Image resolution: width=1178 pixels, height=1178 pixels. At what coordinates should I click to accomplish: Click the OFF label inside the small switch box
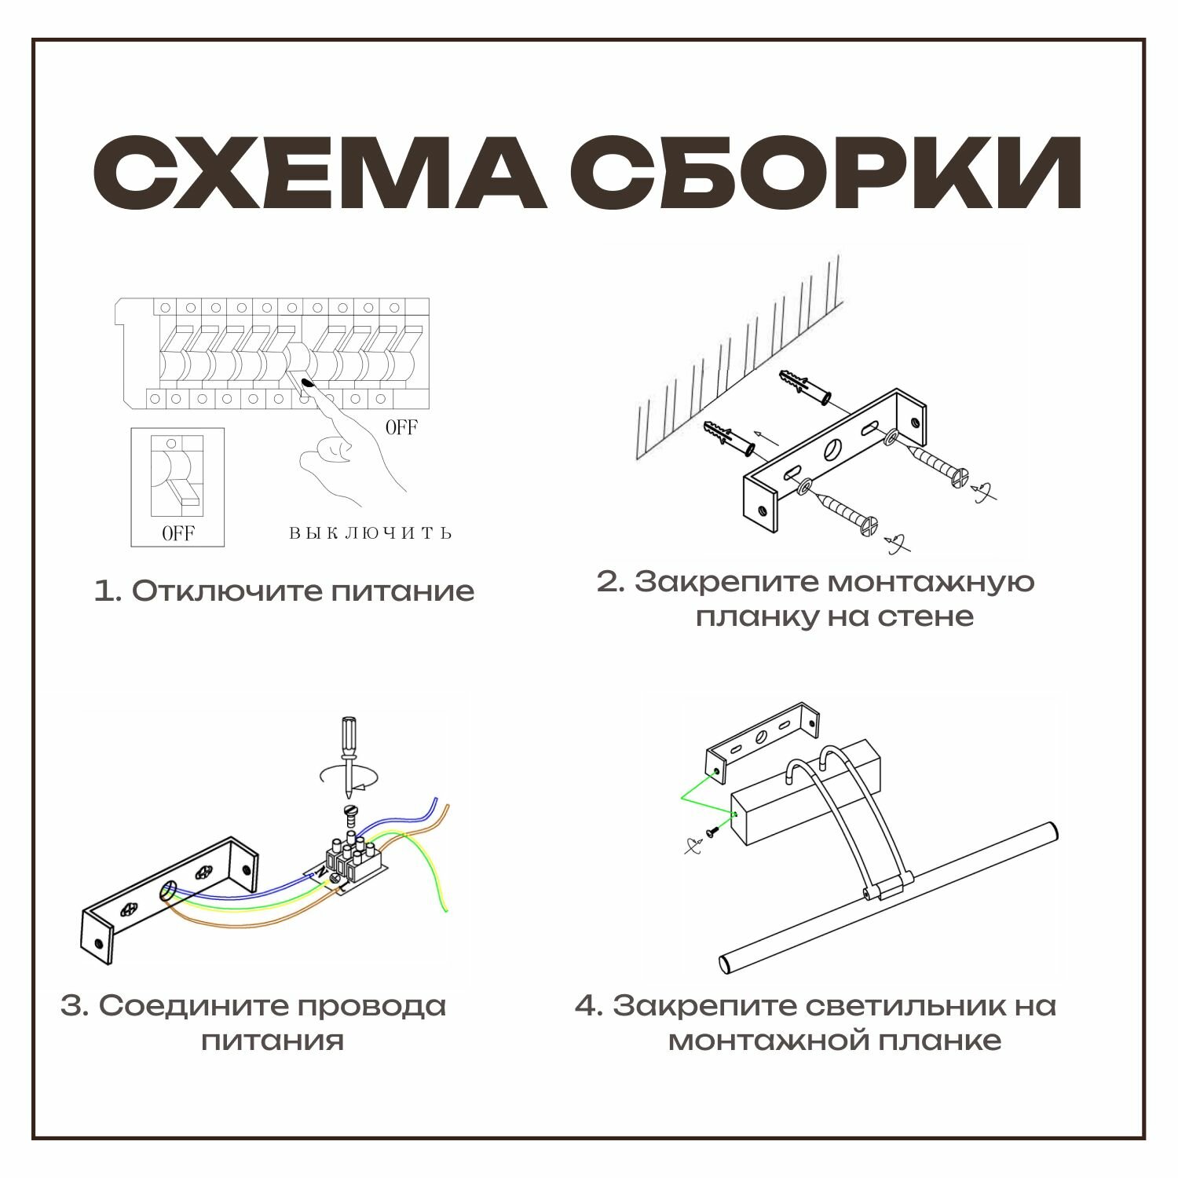[x=177, y=533]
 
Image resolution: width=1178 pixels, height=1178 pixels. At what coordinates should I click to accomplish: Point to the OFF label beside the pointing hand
[x=401, y=427]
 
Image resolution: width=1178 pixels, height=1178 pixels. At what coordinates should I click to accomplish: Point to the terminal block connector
[x=350, y=862]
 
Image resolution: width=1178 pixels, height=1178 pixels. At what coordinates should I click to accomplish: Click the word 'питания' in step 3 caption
[x=273, y=1041]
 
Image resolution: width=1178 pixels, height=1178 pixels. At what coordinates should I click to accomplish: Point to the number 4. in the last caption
[x=589, y=1005]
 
